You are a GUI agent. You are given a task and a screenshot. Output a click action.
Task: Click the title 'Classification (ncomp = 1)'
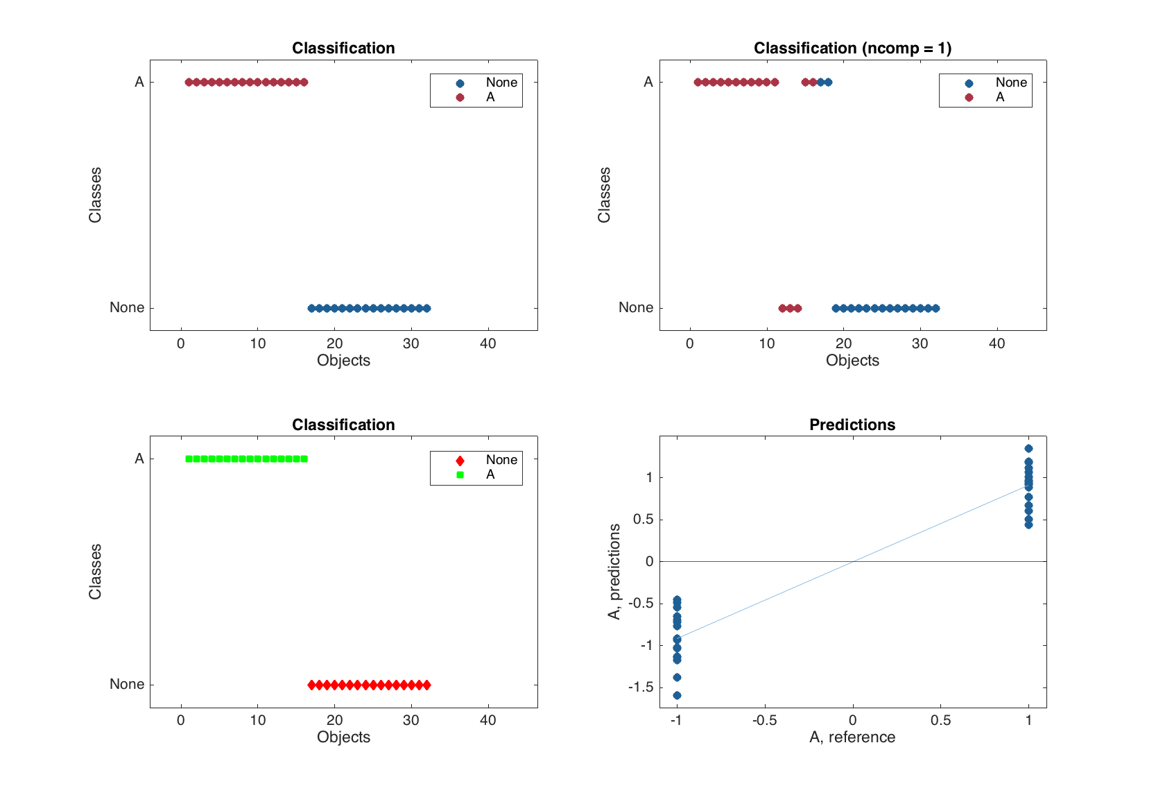pos(852,48)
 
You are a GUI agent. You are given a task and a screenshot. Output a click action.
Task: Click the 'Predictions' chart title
pos(852,425)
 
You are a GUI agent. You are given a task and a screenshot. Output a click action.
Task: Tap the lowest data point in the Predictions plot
pos(677,695)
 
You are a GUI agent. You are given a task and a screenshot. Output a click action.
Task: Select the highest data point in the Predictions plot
pos(1028,449)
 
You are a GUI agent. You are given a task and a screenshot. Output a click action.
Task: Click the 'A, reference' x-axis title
pos(852,737)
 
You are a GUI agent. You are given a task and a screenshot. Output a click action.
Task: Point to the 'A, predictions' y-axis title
pos(614,572)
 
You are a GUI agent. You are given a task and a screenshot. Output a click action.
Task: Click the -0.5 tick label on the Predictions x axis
pos(764,720)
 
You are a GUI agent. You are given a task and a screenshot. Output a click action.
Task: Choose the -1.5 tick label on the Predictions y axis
pos(640,687)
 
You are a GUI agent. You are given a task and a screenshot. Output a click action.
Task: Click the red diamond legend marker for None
pos(460,461)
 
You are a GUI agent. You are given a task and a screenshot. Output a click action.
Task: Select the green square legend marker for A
pos(460,475)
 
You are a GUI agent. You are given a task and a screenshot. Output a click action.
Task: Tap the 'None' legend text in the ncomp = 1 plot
pos(1011,83)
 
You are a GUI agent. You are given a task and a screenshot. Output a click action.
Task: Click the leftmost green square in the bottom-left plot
pos(189,459)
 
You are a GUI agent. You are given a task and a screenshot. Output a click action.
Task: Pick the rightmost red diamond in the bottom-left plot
pos(426,685)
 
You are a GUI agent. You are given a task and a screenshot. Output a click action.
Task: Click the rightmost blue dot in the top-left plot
pos(426,308)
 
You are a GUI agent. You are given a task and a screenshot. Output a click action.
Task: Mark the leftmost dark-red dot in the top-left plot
pos(189,82)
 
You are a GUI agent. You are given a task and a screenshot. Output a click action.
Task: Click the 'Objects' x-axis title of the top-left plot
pos(343,360)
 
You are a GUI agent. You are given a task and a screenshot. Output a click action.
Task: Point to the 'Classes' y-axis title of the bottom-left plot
pos(95,572)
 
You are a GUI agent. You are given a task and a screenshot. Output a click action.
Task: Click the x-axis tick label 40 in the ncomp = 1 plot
pos(997,343)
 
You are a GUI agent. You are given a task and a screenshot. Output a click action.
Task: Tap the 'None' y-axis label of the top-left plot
pos(127,307)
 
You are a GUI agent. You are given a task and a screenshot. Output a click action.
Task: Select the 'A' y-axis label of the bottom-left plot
pos(139,459)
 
